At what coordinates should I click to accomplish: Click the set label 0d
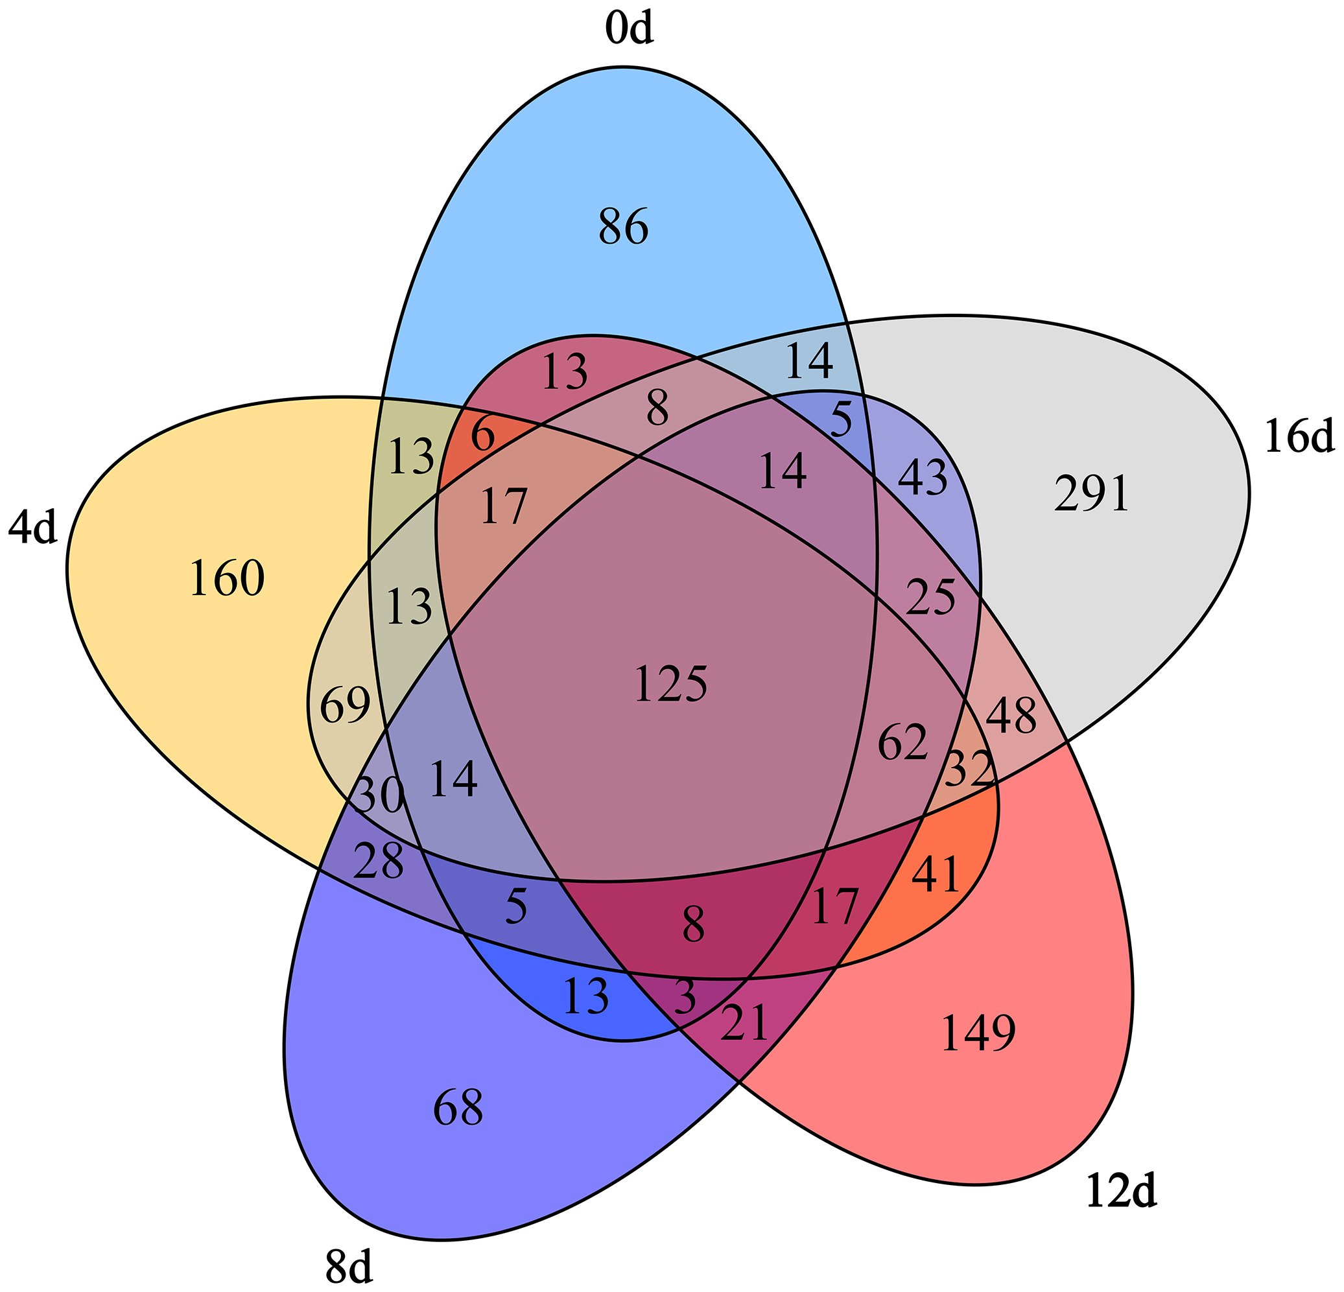(x=629, y=31)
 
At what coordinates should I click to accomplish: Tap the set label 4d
(x=32, y=530)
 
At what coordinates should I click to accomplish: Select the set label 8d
(x=349, y=1268)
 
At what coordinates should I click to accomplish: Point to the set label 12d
(x=1120, y=1193)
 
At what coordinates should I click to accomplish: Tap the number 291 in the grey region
(x=1091, y=495)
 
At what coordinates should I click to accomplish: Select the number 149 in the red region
(x=978, y=1033)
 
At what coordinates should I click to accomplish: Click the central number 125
(x=670, y=685)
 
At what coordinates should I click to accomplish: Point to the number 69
(x=345, y=706)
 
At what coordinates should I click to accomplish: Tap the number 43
(x=923, y=478)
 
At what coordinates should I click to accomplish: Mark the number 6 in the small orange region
(x=483, y=436)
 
